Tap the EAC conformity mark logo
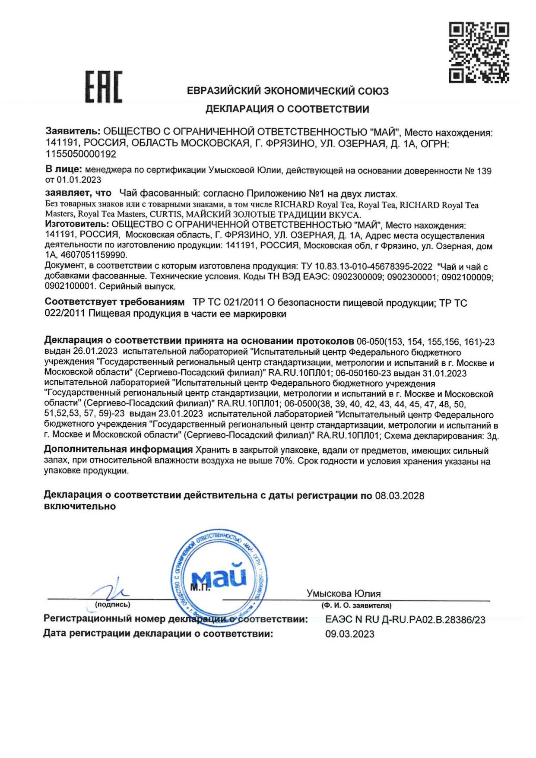[103, 87]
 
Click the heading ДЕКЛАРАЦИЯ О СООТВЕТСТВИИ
[287, 109]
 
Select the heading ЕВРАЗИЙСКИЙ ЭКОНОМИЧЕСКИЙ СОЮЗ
[288, 91]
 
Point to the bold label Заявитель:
[73, 131]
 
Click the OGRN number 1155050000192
[81, 154]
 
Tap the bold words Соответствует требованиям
[114, 302]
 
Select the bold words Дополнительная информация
[118, 450]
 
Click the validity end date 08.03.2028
[400, 495]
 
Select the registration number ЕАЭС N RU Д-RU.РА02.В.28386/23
[405, 619]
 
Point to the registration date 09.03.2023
[349, 634]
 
